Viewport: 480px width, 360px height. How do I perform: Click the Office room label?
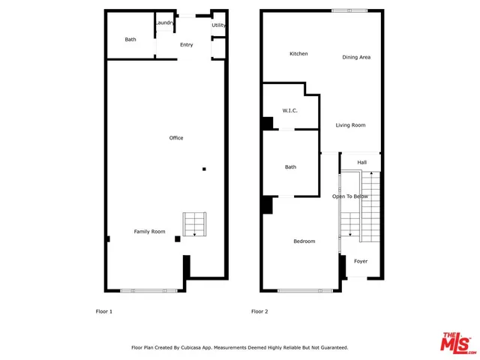tap(176, 138)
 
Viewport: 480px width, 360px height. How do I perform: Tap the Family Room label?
tap(149, 232)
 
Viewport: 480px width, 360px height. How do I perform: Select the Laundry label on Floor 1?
tap(165, 23)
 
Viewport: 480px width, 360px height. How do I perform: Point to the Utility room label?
tap(219, 25)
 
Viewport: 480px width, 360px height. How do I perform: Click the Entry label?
tap(186, 45)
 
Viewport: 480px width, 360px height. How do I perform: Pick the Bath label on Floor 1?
tap(130, 40)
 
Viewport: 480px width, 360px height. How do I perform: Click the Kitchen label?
tap(299, 54)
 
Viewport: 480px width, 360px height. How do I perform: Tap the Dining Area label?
tap(356, 58)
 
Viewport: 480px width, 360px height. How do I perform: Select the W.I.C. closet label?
tap(290, 111)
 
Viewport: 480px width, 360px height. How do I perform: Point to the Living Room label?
tap(350, 125)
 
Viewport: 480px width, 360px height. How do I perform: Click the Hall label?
tap(361, 163)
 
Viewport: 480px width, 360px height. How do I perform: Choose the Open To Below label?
tap(350, 196)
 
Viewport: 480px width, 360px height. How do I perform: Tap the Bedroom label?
tap(304, 241)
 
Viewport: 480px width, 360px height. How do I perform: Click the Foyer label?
tap(361, 262)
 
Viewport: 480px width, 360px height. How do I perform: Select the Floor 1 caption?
tap(103, 311)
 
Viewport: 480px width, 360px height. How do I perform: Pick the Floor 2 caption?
tap(259, 311)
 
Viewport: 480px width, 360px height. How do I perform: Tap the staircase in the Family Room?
tap(194, 224)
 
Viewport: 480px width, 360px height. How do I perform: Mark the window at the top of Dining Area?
tap(350, 10)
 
